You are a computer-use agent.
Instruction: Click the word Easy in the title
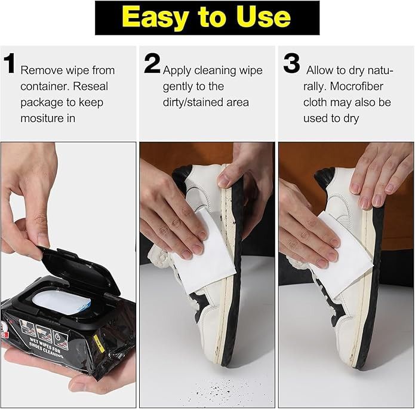(x=152, y=18)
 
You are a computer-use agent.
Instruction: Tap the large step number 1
(x=10, y=64)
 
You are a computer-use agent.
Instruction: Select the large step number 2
(x=152, y=64)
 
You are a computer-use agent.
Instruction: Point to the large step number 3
(x=291, y=64)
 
